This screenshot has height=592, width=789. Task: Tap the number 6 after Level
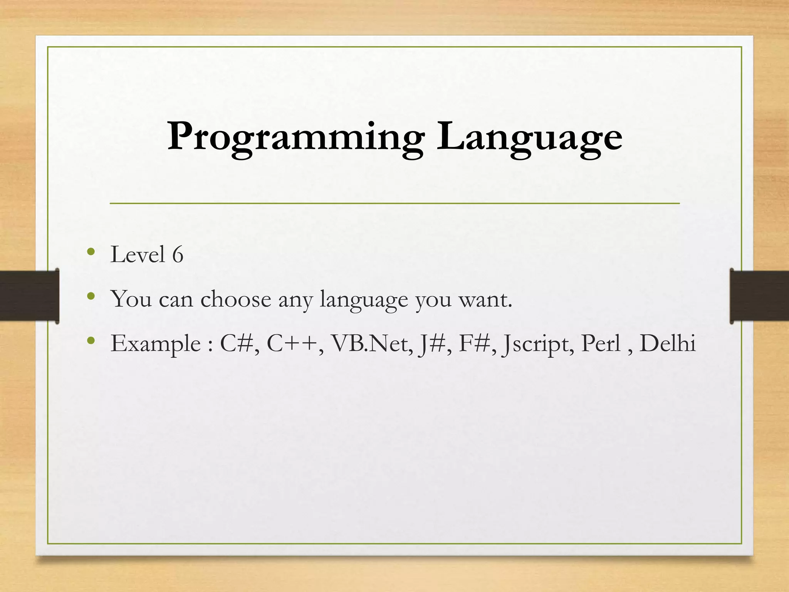tap(178, 255)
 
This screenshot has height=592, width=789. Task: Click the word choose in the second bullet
tap(236, 299)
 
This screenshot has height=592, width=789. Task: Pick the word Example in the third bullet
tap(155, 344)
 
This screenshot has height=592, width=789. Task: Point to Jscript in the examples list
tap(537, 344)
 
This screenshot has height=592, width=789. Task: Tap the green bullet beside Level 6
tap(91, 252)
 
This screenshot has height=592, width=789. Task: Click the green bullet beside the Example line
tap(91, 341)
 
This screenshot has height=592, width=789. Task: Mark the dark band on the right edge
tap(759, 296)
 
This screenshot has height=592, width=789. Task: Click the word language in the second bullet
tap(364, 300)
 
